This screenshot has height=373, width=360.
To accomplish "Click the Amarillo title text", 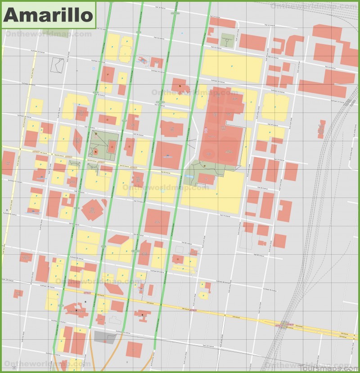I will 48,14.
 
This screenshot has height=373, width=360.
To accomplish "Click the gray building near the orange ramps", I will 104,337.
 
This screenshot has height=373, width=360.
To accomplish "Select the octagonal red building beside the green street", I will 93,210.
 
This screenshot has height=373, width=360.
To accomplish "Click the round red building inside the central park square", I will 96,153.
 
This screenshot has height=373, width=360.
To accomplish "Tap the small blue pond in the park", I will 189,177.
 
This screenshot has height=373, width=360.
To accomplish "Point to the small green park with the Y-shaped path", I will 228,40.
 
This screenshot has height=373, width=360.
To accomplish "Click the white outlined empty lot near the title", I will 57,65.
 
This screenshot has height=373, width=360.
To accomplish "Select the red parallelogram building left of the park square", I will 77,141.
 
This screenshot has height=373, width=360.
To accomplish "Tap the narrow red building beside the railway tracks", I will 321,129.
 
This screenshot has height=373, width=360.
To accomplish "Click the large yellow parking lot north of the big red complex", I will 232,66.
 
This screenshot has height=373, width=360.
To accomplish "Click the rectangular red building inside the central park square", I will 112,147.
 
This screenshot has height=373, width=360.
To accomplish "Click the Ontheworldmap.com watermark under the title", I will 47,34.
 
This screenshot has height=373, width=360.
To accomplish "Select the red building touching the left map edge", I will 8,162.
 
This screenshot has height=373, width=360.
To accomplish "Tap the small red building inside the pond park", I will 207,179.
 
